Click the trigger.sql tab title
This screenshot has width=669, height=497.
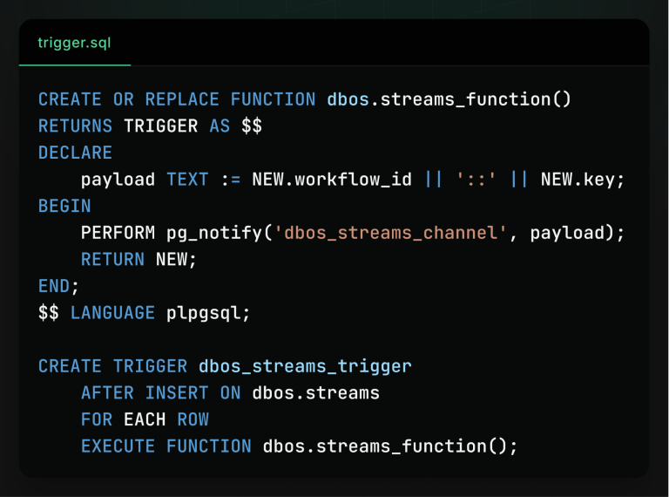[74, 43]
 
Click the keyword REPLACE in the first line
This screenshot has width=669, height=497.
[182, 99]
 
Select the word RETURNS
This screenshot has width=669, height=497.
[76, 126]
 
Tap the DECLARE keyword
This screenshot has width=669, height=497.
[76, 153]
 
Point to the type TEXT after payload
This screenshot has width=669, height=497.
[188, 180]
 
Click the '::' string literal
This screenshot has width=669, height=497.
[476, 180]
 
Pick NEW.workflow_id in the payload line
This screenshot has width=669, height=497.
[332, 180]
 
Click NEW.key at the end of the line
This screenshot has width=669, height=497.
[578, 180]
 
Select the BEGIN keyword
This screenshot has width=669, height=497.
[64, 207]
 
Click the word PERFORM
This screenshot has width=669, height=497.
[118, 233]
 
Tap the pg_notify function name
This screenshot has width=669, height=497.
[214, 234]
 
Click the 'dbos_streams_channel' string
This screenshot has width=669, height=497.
[390, 233]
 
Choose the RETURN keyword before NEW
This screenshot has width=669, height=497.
[113, 260]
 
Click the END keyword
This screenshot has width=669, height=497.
[54, 286]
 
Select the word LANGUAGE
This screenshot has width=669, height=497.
[113, 313]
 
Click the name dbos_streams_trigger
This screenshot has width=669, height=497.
[305, 366]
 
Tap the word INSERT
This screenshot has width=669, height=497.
[177, 393]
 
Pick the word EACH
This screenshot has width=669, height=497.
[145, 419]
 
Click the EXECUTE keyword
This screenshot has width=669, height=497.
[118, 446]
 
